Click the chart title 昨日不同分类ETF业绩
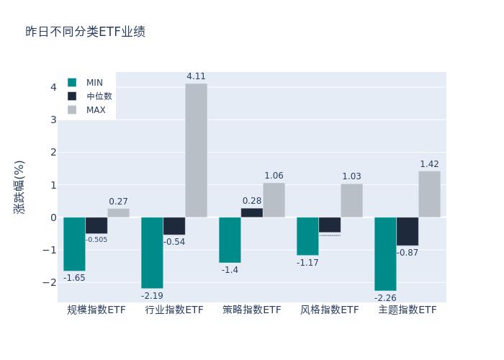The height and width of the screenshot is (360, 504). pyautogui.click(x=85, y=32)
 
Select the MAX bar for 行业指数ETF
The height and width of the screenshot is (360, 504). pyautogui.click(x=196, y=150)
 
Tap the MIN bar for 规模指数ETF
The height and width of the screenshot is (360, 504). pyautogui.click(x=74, y=244)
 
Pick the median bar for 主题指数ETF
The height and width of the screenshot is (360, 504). pyautogui.click(x=407, y=231)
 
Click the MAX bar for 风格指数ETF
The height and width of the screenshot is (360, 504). pyautogui.click(x=351, y=200)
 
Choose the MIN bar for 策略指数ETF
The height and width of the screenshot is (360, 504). pyautogui.click(x=230, y=240)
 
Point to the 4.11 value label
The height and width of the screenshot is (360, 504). pyautogui.click(x=196, y=76)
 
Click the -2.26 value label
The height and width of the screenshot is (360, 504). pyautogui.click(x=385, y=297)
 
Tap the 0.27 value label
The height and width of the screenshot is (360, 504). pyautogui.click(x=118, y=202)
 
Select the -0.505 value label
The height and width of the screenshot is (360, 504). pyautogui.click(x=96, y=240)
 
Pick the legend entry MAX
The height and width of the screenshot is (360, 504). pyautogui.click(x=96, y=110)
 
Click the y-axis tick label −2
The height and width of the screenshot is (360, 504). pyautogui.click(x=50, y=282)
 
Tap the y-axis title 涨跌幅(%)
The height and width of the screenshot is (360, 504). pyautogui.click(x=19, y=186)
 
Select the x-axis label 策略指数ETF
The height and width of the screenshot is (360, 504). pyautogui.click(x=252, y=310)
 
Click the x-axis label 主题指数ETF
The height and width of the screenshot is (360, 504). pyautogui.click(x=408, y=310)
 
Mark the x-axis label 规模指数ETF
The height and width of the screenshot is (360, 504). pyautogui.click(x=96, y=310)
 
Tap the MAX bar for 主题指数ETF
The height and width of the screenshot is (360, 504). pyautogui.click(x=429, y=194)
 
